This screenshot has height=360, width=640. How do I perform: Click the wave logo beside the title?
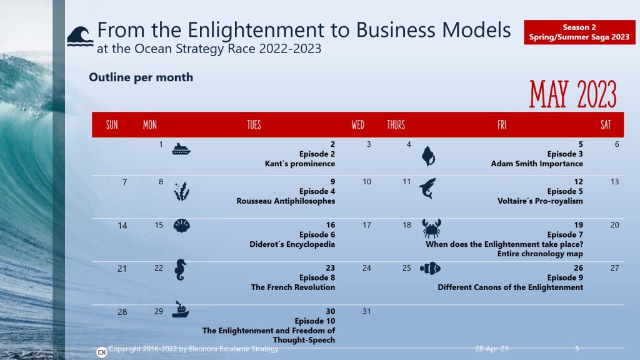[x=79, y=36]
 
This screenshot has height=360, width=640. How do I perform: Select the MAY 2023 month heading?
[x=572, y=94]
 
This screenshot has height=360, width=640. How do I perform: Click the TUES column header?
[x=254, y=125]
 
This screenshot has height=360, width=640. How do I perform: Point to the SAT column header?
[x=606, y=125]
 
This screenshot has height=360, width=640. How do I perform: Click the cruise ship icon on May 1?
[x=181, y=149]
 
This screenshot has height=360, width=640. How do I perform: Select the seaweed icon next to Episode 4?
[x=181, y=191]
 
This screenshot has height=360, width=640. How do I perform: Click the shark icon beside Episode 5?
[x=428, y=187]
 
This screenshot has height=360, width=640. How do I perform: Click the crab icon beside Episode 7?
[x=431, y=228]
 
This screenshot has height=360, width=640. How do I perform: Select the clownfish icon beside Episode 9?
[x=431, y=269]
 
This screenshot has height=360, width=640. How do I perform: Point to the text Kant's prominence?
[x=300, y=164]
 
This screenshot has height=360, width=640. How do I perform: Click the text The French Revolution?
[x=293, y=287]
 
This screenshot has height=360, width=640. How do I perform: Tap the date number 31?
[x=367, y=311]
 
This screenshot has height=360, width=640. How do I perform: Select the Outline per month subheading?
[x=141, y=77]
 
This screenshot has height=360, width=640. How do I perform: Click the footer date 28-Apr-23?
[x=491, y=349]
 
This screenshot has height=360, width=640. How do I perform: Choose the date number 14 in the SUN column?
[x=122, y=226]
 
